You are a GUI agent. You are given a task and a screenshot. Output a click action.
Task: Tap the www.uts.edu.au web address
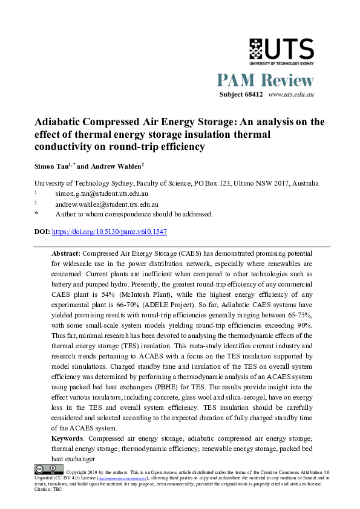(x=290, y=95)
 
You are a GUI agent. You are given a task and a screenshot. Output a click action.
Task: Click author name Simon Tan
(x=51, y=166)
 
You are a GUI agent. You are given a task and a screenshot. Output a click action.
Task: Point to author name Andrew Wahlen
(x=117, y=166)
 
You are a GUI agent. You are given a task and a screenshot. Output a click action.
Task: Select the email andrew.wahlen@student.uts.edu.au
(x=106, y=204)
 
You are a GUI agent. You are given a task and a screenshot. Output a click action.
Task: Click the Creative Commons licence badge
(x=49, y=468)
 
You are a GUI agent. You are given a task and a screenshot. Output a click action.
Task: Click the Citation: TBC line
(x=48, y=489)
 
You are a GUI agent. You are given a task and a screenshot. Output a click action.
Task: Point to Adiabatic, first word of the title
(x=59, y=122)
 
